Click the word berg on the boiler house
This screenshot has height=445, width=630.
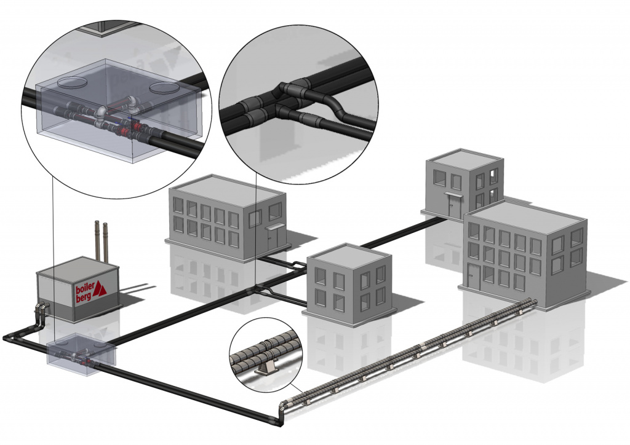tap(83, 299)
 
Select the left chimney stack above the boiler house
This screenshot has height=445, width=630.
tap(97, 240)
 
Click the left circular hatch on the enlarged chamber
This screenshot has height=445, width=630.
tap(73, 82)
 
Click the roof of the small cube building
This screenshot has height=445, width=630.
tap(347, 255)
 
